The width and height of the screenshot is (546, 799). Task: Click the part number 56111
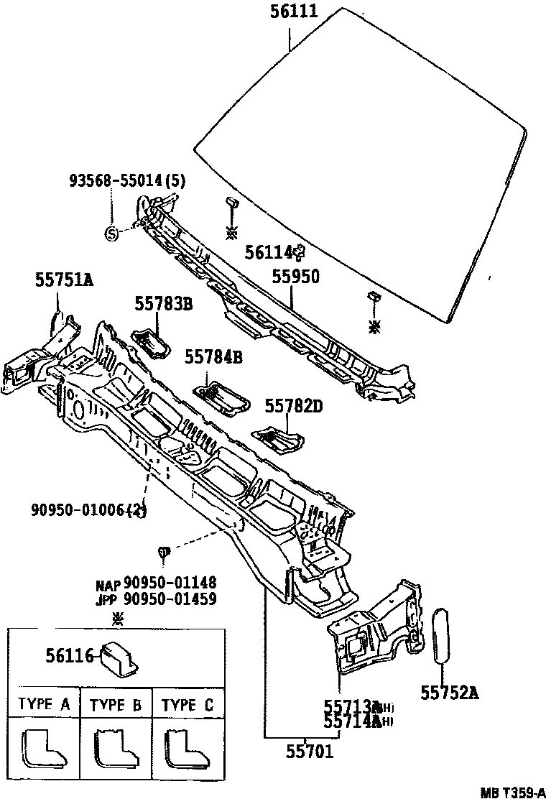click(294, 12)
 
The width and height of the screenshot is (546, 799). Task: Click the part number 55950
click(295, 277)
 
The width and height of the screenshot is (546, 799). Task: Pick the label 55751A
click(65, 280)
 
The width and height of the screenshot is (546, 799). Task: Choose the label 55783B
click(163, 304)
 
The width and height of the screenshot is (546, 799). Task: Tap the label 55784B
click(213, 356)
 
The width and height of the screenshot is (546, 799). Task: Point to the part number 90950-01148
click(170, 582)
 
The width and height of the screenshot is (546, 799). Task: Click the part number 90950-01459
click(170, 598)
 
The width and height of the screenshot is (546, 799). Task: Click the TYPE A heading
click(44, 705)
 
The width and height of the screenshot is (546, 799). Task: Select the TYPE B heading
click(116, 705)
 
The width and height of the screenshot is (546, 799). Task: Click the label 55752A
click(450, 693)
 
